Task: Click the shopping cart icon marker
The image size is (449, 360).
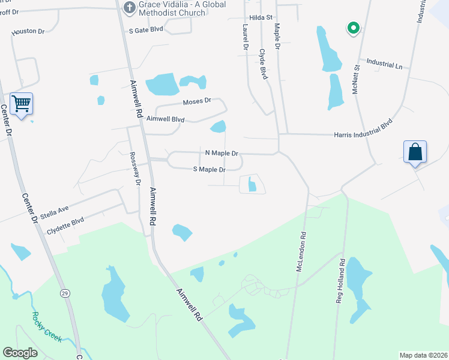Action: [x=22, y=104]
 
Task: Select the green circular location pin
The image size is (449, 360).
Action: [x=353, y=28]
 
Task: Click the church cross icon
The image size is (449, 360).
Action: [x=128, y=7]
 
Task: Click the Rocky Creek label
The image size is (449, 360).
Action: [x=47, y=326]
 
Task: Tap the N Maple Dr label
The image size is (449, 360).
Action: [x=221, y=154]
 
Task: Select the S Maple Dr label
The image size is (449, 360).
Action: [x=208, y=170]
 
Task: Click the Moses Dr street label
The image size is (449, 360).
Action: [x=197, y=101]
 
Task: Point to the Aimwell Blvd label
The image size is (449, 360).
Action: [x=170, y=119]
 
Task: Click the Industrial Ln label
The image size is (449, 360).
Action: [x=384, y=63]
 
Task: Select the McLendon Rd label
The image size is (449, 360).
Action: [x=303, y=252]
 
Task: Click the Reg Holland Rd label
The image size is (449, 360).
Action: [x=342, y=281]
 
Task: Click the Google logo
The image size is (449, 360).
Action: [x=20, y=353]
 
